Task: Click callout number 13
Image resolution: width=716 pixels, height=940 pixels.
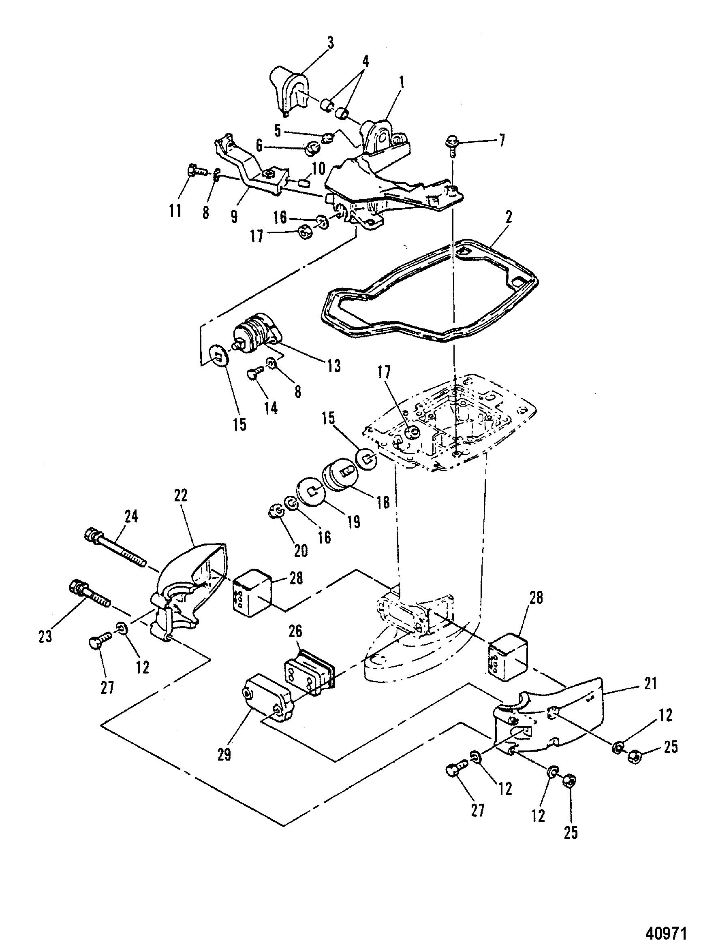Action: click(x=334, y=365)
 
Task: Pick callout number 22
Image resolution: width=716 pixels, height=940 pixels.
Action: click(x=180, y=496)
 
